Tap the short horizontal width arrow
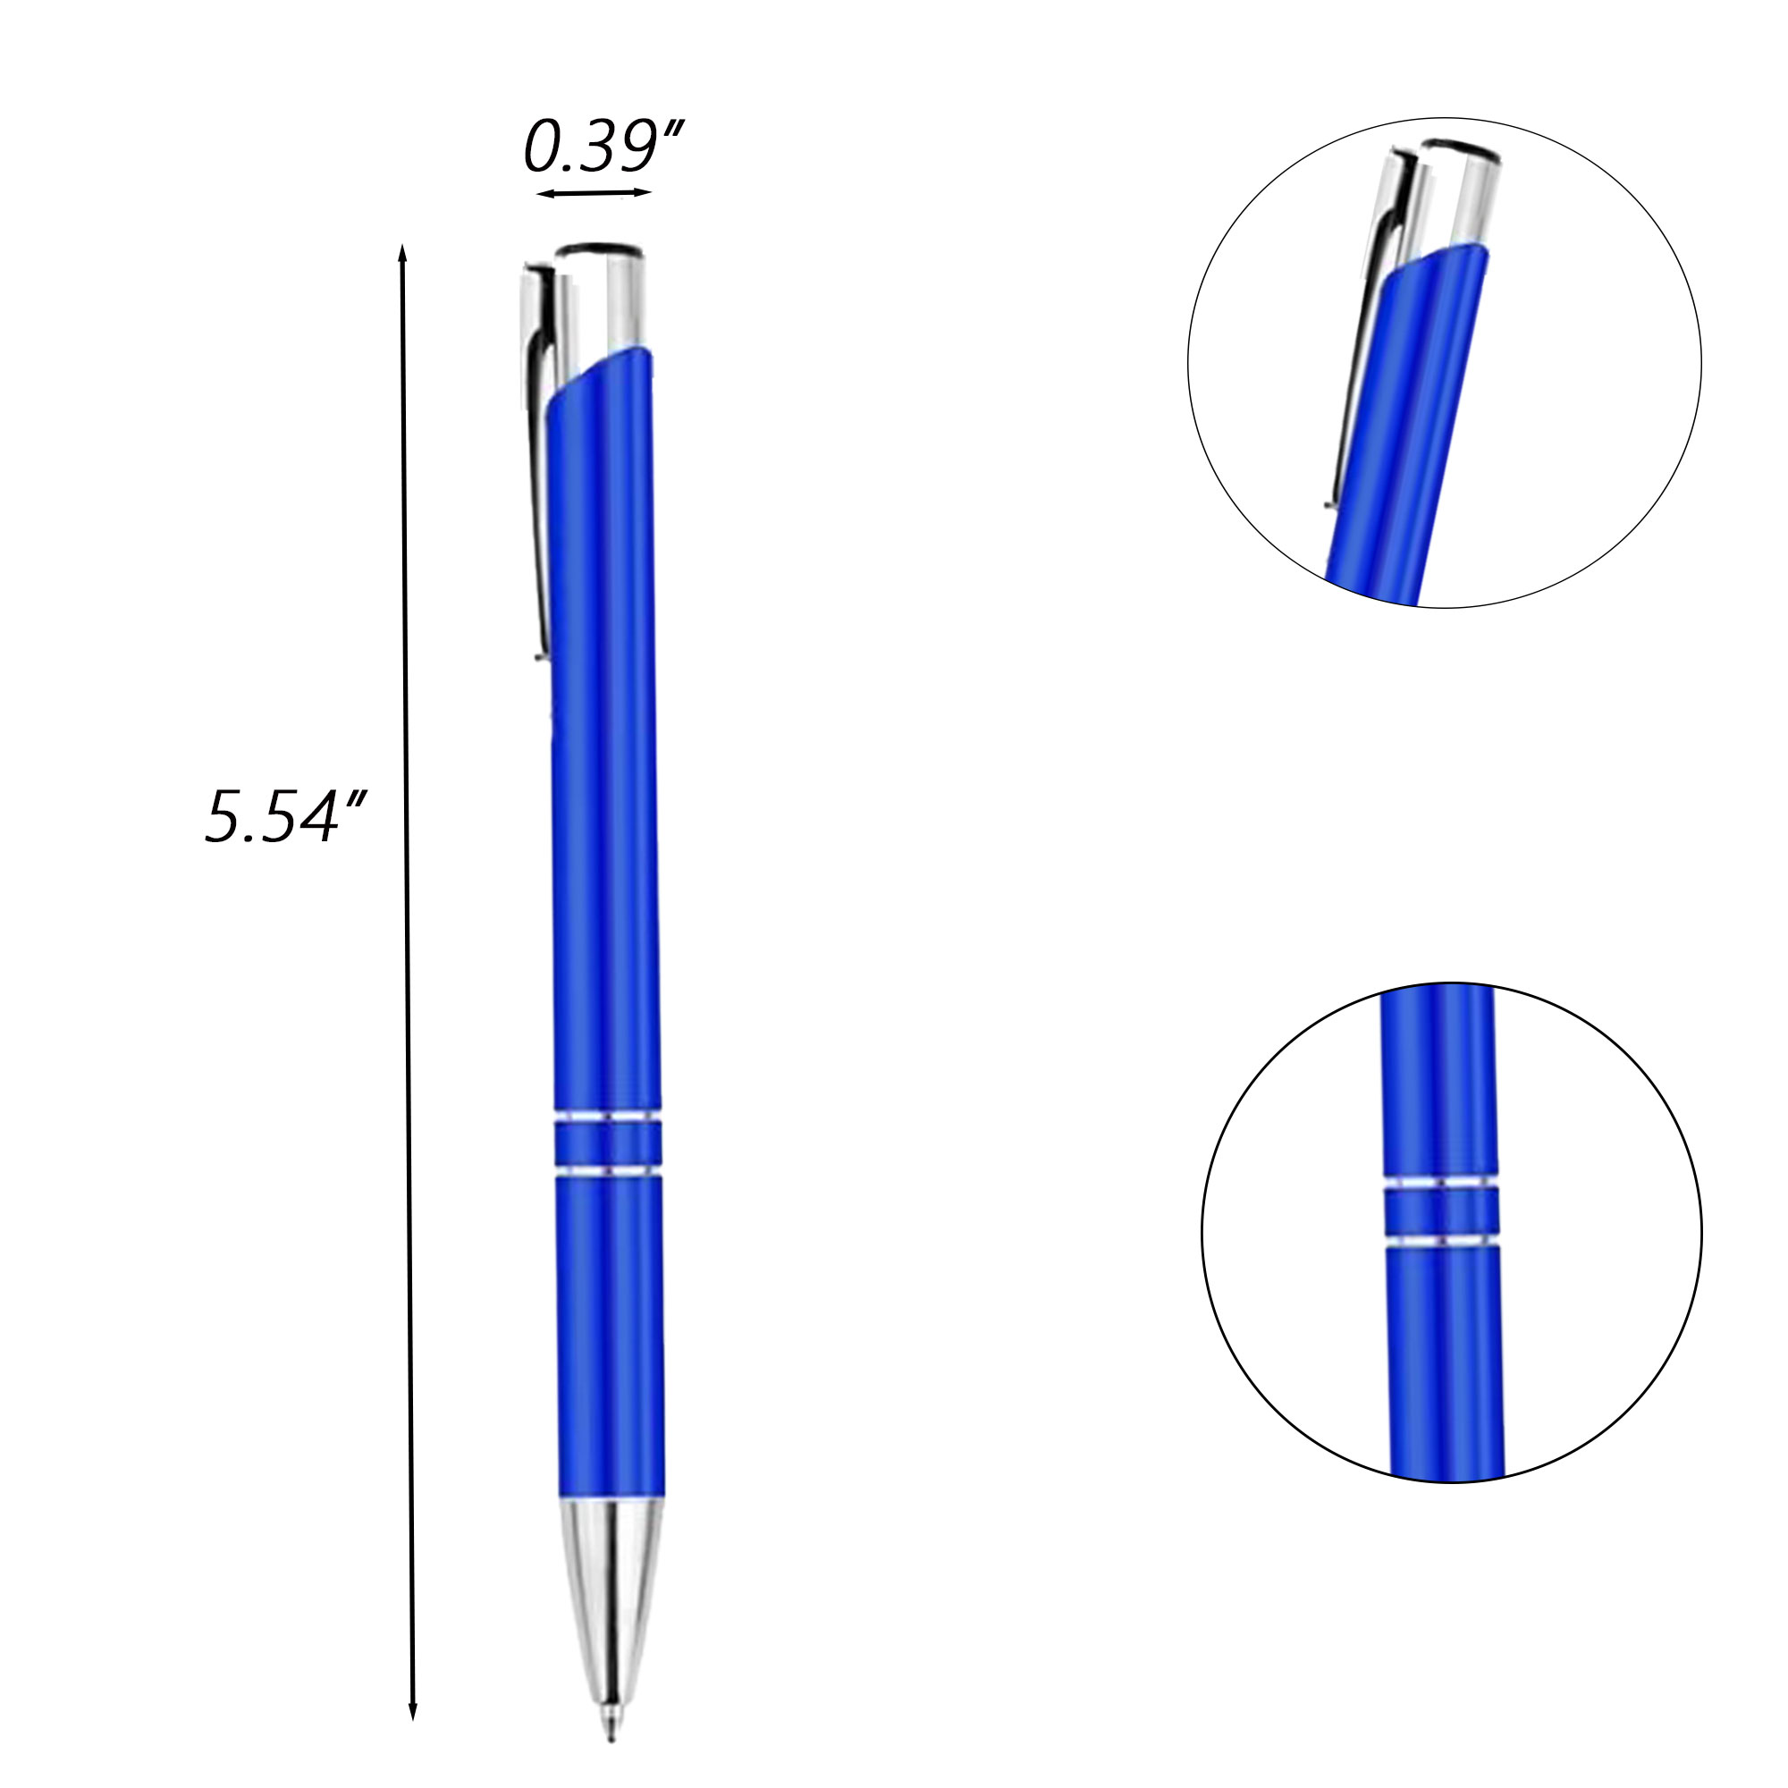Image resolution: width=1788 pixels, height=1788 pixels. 595,193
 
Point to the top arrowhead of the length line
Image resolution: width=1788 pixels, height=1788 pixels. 401,252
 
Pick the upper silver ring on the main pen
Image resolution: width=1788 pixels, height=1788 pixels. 607,1116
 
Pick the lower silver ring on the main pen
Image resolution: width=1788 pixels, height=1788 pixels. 608,1173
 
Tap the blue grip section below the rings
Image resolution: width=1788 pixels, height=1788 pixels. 610,1342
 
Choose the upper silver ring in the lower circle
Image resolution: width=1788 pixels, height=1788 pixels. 1440,1183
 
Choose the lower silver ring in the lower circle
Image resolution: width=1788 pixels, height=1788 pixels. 1441,1238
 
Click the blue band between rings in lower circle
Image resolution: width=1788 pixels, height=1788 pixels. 1441,1210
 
